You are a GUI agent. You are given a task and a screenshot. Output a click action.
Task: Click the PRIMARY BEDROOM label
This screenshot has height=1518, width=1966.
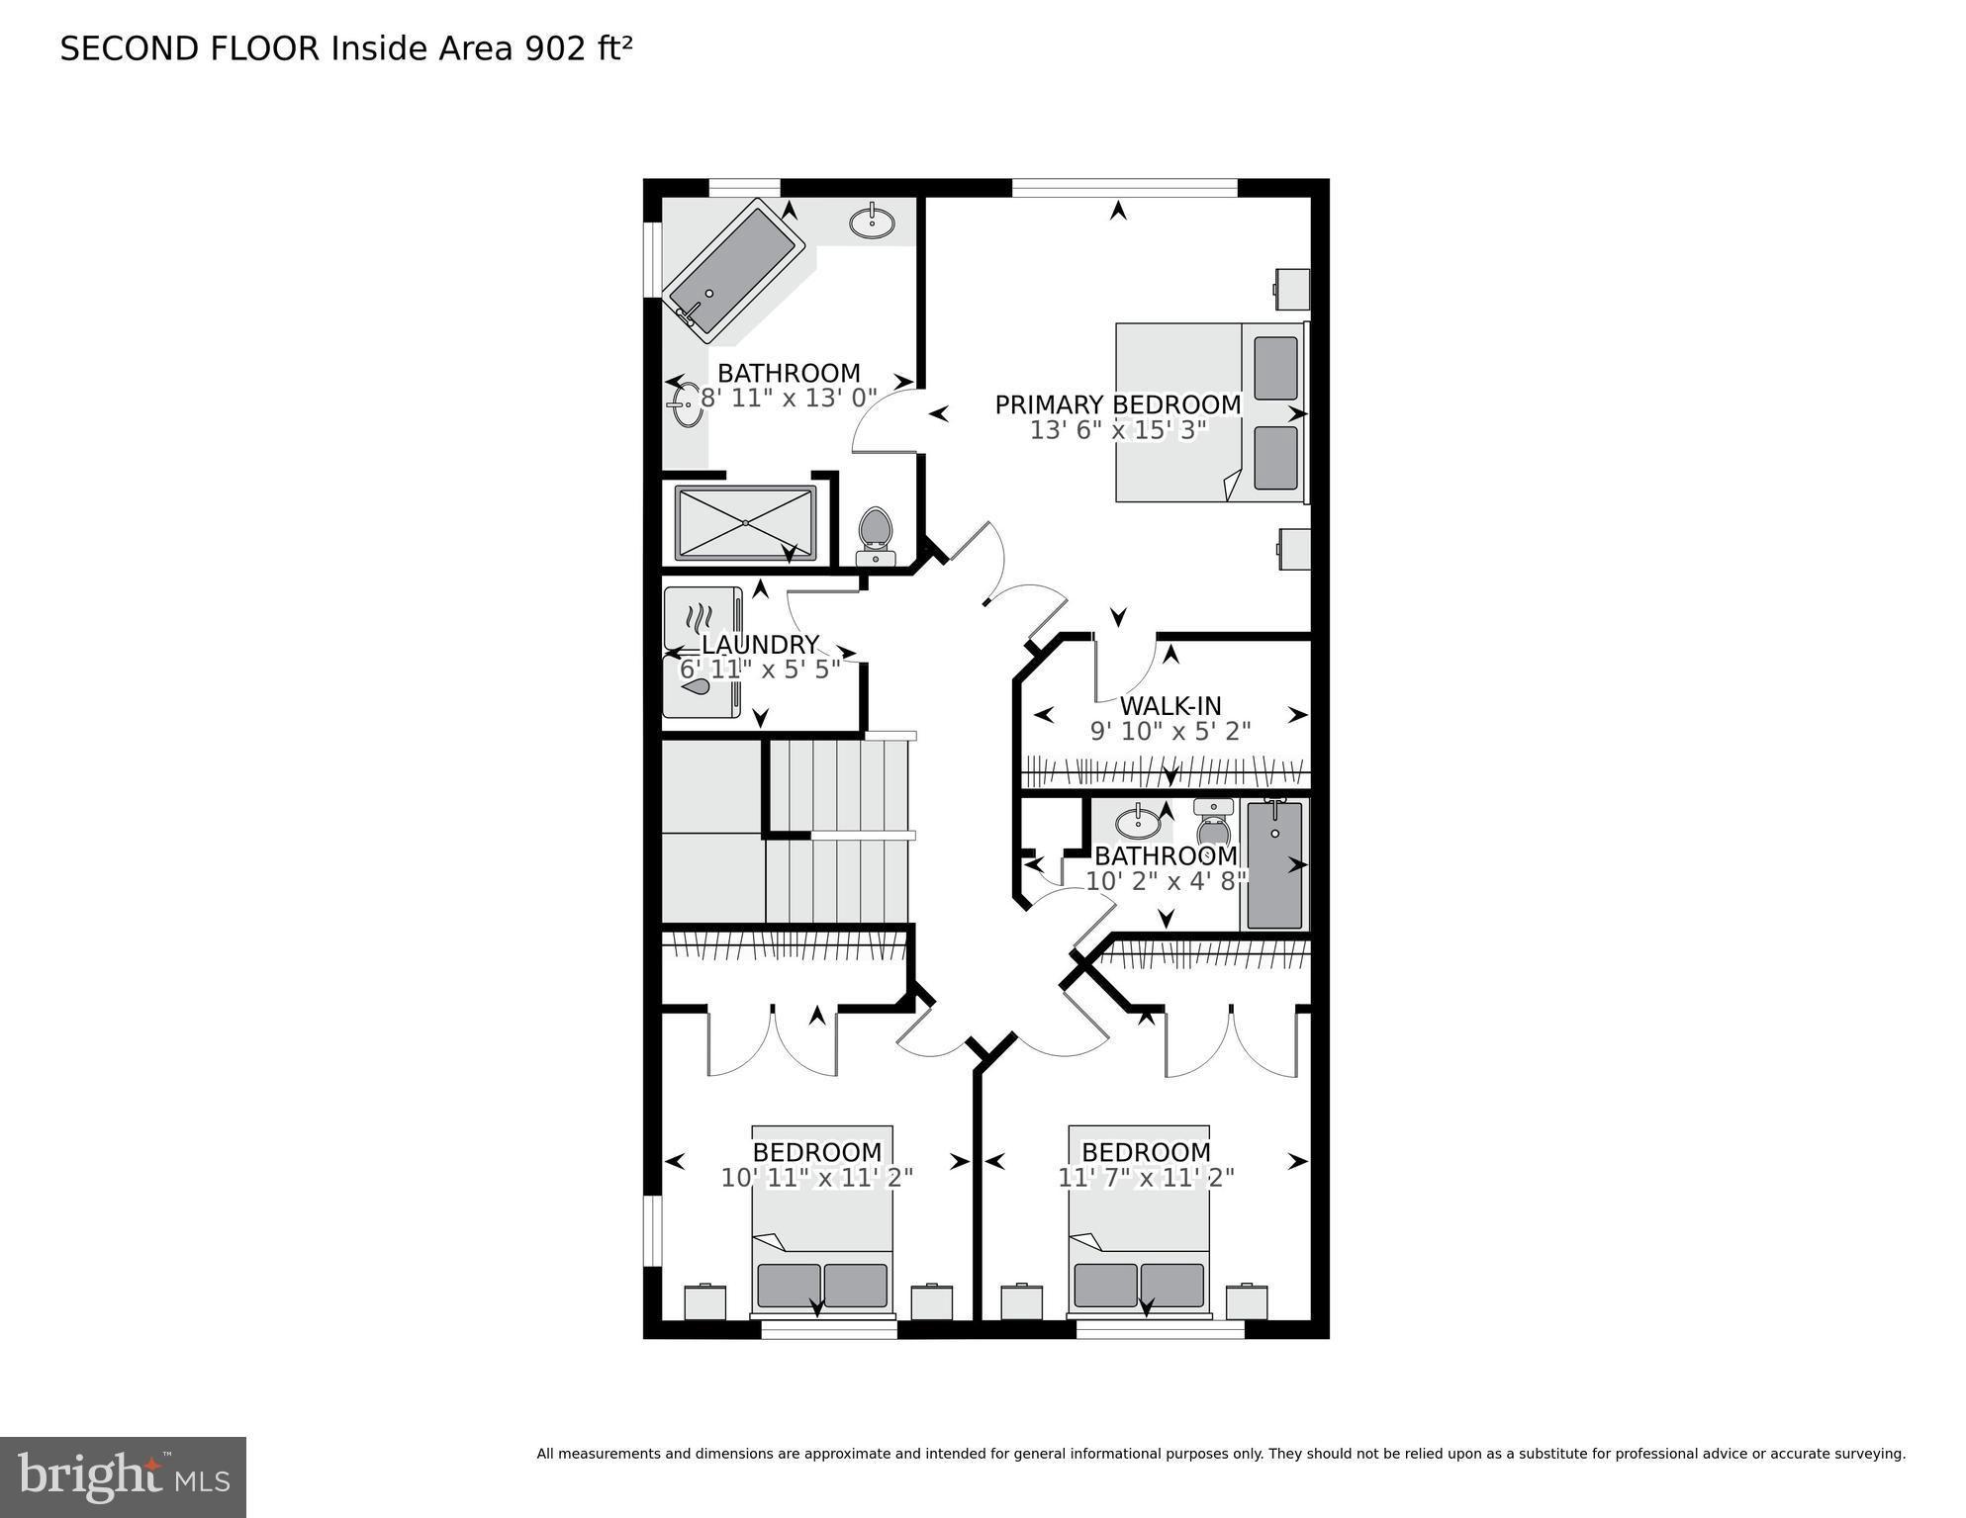click(x=1117, y=404)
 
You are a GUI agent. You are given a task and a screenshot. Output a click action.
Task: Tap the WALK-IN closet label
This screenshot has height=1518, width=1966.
click(x=1170, y=706)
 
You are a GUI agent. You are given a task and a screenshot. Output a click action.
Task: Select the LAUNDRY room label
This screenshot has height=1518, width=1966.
click(x=760, y=645)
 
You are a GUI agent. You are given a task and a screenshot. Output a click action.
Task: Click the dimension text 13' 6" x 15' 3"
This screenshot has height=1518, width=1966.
click(x=1117, y=431)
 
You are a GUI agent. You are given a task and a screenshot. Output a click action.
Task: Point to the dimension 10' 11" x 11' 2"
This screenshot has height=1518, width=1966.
click(x=816, y=1178)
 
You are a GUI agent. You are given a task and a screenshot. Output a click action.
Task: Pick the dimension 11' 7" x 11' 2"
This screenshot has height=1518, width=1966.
click(x=1146, y=1178)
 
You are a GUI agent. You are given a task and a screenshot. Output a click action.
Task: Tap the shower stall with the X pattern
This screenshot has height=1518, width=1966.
click(x=745, y=523)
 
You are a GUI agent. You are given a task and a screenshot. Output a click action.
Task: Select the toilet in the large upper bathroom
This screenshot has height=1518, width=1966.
click(x=875, y=534)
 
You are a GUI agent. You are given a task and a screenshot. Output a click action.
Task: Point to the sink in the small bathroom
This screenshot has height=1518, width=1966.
click(x=1138, y=822)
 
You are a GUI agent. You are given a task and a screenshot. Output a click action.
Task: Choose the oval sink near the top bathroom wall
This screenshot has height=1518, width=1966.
click(x=872, y=223)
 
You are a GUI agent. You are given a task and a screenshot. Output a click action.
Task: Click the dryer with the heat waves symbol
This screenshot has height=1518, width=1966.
click(x=702, y=618)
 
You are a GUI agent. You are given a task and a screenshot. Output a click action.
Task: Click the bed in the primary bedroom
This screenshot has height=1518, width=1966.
click(x=1209, y=411)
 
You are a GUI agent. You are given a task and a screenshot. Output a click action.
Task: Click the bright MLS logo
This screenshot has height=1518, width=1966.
click(x=123, y=1477)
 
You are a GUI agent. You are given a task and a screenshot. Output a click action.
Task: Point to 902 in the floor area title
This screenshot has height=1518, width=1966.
click(x=555, y=48)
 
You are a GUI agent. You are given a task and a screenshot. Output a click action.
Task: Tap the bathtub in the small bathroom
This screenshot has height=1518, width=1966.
click(x=1273, y=865)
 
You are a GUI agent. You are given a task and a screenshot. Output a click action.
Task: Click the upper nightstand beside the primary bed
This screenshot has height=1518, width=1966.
click(x=1291, y=289)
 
